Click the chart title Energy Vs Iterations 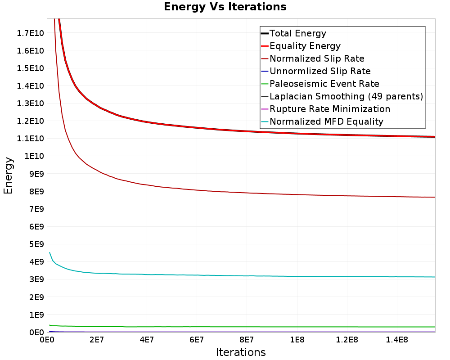(225, 7)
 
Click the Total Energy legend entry (293, 33)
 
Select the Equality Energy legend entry (301, 46)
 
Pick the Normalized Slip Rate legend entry (313, 58)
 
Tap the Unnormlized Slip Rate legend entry (316, 71)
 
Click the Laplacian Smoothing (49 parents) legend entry (342, 96)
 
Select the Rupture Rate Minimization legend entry (326, 109)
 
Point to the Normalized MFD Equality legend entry (322, 121)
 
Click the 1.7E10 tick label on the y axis (31, 33)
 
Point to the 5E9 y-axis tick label (37, 244)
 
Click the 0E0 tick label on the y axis (37, 333)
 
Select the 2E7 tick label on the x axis (97, 340)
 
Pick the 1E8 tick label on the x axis (297, 340)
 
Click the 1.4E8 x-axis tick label (397, 340)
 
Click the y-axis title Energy (8, 175)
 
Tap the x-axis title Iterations (241, 352)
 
